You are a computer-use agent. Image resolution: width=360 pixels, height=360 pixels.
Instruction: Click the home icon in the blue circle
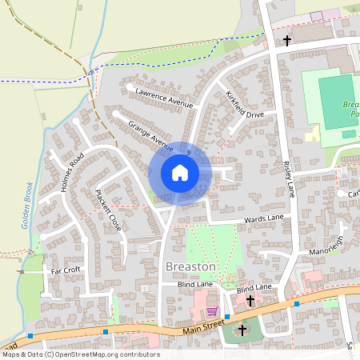pos(180,173)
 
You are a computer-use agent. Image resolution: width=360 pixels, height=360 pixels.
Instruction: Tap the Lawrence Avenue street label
pos(165,98)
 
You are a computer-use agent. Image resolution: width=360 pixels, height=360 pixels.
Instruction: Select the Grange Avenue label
pos(151,137)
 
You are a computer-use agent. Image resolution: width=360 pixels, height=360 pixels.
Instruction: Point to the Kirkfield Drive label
pos(244,105)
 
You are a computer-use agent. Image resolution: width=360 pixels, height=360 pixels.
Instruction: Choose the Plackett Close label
pos(107,210)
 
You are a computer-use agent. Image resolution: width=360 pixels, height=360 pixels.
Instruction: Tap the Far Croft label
pos(66,270)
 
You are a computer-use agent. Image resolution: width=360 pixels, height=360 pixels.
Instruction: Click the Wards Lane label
pos(264,218)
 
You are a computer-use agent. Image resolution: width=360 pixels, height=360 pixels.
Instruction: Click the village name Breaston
pos(190,266)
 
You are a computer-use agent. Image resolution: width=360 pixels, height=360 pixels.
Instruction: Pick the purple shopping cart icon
pos(212,312)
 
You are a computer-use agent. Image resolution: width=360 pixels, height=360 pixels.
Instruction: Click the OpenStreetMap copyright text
pos(80,354)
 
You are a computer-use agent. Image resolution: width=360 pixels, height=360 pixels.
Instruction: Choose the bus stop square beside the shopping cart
pos(228,316)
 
